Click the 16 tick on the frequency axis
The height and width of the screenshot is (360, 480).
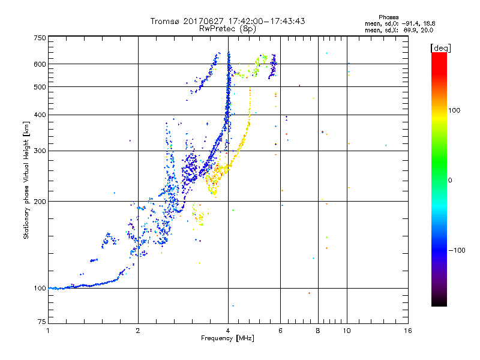(x=407, y=331)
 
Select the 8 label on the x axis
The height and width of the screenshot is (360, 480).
(x=318, y=331)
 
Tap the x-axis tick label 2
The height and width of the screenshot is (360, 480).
(x=138, y=331)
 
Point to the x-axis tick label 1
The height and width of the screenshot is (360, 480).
(x=48, y=331)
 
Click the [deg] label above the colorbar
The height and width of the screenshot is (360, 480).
(x=440, y=47)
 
